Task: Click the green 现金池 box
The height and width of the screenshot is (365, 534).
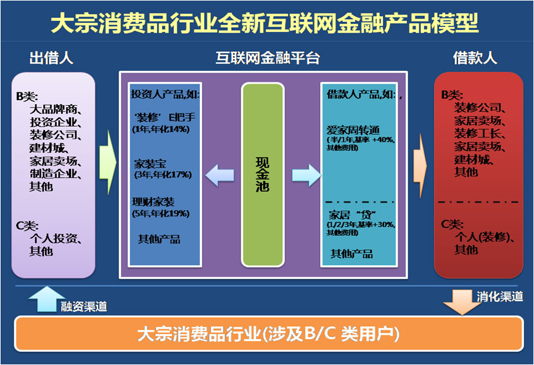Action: coord(263,175)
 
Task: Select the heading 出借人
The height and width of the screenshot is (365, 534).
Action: coord(52,58)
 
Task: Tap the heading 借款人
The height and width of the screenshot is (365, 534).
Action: coord(475,58)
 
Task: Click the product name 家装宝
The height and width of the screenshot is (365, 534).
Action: coord(150,164)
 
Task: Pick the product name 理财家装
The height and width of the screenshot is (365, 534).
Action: coord(153,202)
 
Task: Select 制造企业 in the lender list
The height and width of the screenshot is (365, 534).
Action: coord(53,173)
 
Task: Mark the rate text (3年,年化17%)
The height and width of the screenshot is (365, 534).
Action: coord(163,175)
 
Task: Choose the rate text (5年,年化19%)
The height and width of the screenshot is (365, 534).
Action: coord(161,213)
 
